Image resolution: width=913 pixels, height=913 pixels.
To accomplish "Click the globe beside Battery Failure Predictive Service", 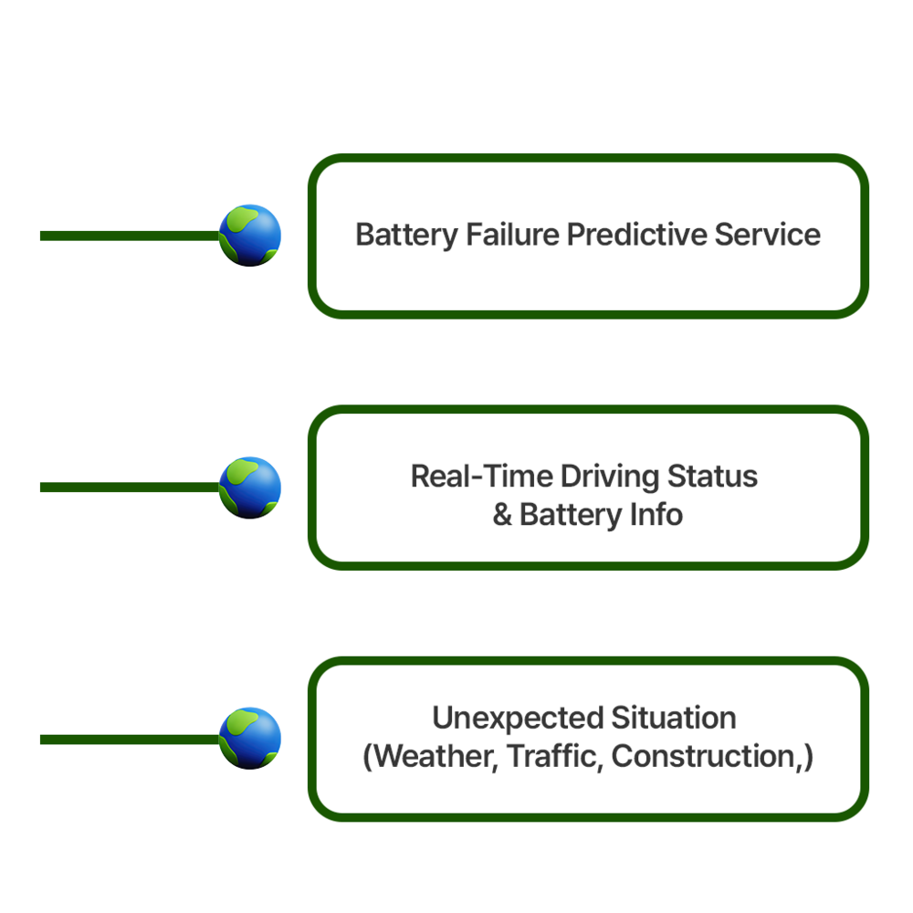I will click(250, 236).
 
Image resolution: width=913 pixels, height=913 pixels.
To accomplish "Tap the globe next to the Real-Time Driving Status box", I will click(250, 488).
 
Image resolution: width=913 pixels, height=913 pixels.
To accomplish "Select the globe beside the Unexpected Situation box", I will click(250, 739).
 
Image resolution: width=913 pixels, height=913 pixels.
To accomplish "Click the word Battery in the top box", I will click(407, 236).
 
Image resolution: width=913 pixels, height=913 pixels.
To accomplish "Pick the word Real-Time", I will click(481, 477).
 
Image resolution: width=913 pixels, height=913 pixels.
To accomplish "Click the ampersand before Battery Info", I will click(502, 515).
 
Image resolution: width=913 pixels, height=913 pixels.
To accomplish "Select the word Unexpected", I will click(506, 719).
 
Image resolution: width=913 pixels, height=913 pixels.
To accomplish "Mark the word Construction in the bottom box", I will click(703, 757).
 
